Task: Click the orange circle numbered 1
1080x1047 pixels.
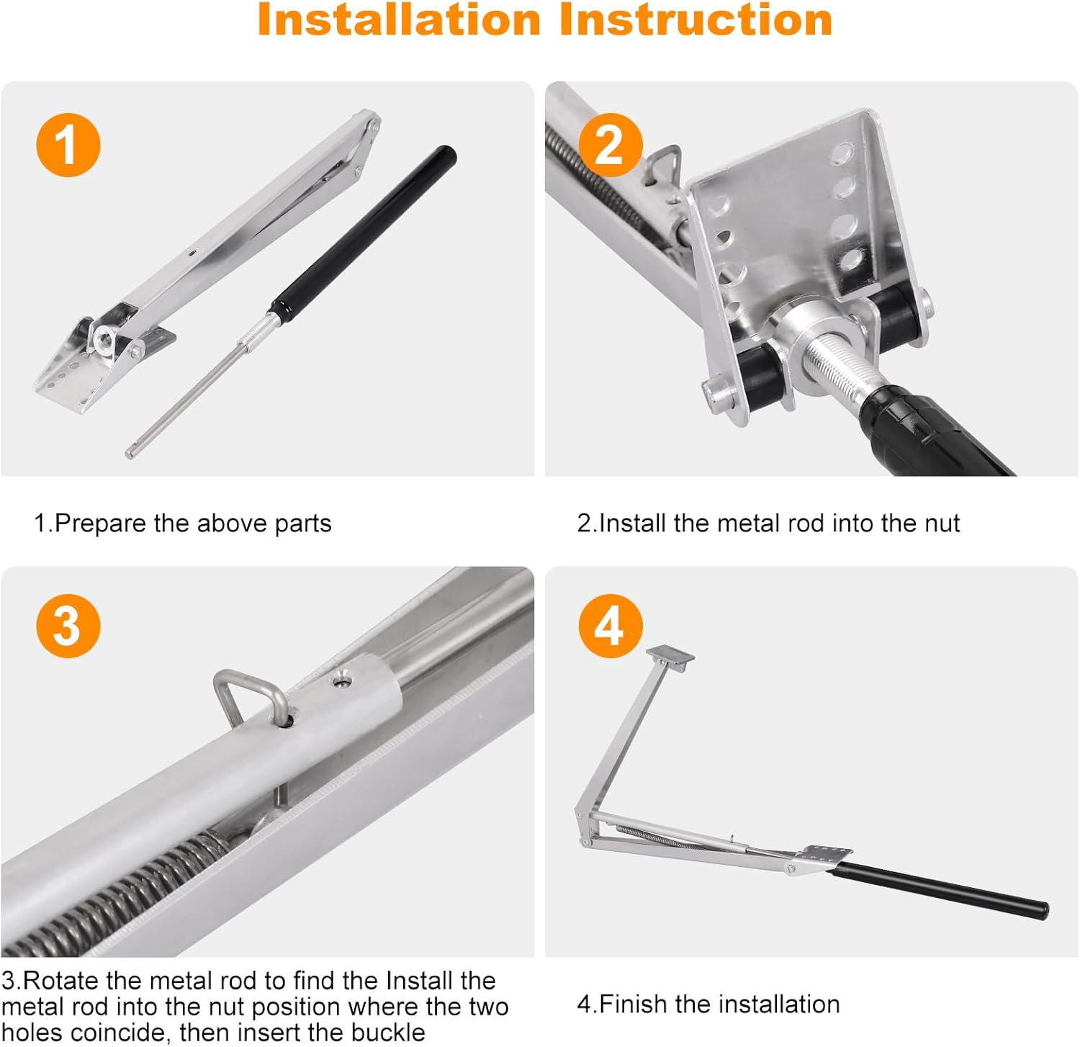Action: (68, 145)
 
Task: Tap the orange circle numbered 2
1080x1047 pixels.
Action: (610, 145)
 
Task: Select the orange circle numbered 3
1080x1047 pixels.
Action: (68, 625)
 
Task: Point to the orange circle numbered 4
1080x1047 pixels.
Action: (610, 625)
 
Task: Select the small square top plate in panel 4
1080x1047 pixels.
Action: (670, 656)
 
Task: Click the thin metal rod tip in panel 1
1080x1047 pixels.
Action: (130, 453)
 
